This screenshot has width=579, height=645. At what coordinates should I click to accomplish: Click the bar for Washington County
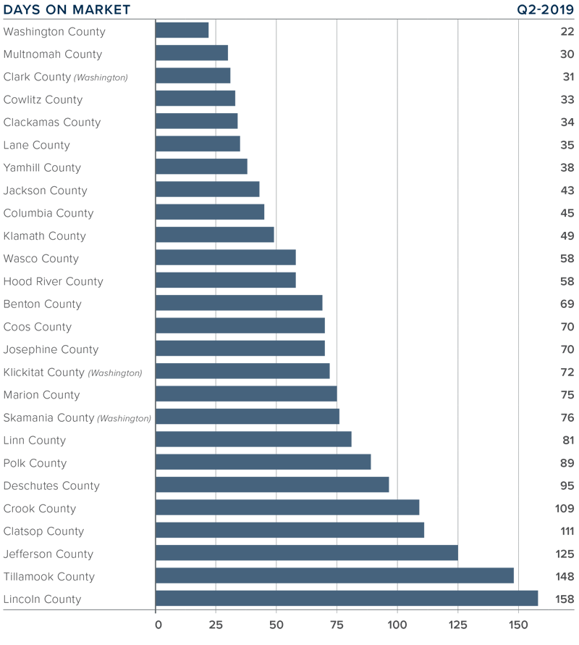[x=182, y=30]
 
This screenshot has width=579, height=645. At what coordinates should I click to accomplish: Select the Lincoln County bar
[x=347, y=599]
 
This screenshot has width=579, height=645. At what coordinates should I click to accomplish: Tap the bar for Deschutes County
[x=272, y=485]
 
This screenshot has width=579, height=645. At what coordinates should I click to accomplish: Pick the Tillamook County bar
[x=334, y=576]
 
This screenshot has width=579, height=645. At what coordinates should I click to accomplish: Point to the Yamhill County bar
[x=201, y=167]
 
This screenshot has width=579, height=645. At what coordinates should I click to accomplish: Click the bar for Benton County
[x=239, y=304]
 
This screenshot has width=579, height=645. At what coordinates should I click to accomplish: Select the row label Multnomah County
[x=53, y=54]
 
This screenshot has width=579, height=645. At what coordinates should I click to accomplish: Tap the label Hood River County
[x=54, y=281]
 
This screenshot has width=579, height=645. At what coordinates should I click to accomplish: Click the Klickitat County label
[x=72, y=373]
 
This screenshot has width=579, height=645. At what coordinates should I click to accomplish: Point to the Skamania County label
[x=77, y=417]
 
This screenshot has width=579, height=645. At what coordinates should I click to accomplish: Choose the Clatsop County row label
[x=43, y=531]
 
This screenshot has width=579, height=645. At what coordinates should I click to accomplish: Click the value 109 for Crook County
[x=565, y=509]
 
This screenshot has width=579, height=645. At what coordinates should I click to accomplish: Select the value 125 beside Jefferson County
[x=565, y=554]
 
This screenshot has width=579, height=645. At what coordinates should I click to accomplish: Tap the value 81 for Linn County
[x=567, y=441]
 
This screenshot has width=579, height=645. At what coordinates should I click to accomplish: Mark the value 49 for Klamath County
[x=567, y=236]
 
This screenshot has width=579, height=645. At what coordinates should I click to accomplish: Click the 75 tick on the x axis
[x=337, y=624]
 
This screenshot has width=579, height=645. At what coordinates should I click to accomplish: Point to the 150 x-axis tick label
[x=517, y=624]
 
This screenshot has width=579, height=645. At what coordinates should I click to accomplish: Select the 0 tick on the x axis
[x=156, y=624]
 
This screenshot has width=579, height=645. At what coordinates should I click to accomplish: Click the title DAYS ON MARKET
[x=67, y=9]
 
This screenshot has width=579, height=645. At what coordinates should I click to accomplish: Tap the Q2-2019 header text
[x=541, y=9]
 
